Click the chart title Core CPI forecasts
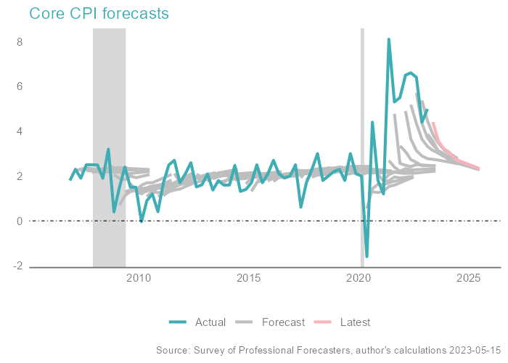(99, 14)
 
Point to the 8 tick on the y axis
(20, 42)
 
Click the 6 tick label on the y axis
(20, 86)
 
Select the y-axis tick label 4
(20, 131)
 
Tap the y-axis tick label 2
(20, 176)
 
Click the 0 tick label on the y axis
(20, 221)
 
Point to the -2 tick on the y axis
(19, 266)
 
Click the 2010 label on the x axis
(138, 278)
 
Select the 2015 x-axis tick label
(249, 278)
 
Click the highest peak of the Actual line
(389, 39)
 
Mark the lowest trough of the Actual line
(366, 256)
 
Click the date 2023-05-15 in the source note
(471, 351)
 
